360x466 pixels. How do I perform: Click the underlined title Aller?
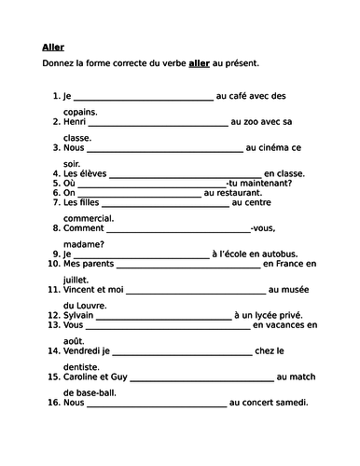[53, 47]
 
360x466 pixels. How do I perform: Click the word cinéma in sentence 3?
[283, 146]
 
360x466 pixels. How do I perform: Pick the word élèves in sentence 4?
[91, 172]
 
